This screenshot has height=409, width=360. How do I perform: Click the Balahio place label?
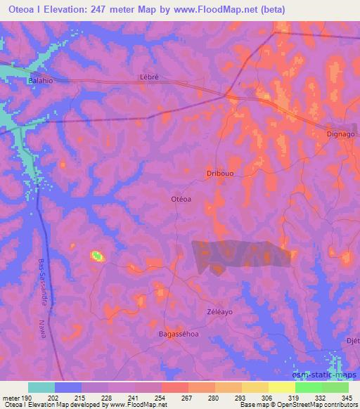[x=41, y=80]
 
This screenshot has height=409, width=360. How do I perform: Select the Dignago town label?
[x=341, y=133]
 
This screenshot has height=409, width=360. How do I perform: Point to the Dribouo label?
[x=219, y=172]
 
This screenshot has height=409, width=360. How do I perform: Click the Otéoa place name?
[x=181, y=199]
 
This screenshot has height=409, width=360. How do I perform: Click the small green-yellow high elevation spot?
[x=97, y=257]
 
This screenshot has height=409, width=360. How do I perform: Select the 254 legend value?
[x=162, y=398]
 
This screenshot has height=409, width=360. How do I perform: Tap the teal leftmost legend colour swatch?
[x=41, y=387]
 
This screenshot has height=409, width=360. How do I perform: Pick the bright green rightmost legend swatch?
[x=335, y=387]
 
